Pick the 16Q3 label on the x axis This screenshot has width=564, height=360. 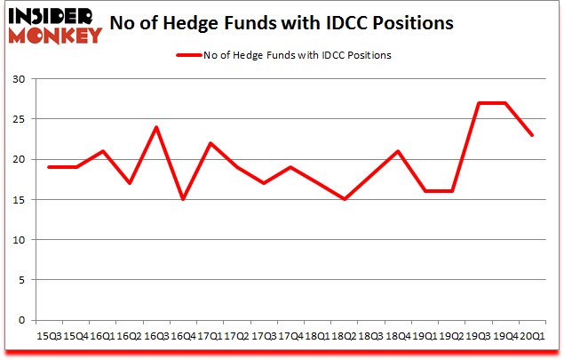point(155,336)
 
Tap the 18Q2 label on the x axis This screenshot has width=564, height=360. point(344,336)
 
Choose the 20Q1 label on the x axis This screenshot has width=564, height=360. point(532,336)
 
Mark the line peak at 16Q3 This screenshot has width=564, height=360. point(155,127)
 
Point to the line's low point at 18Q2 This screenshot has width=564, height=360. point(344,199)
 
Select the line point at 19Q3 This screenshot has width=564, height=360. point(479,103)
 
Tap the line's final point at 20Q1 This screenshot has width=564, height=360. point(532,135)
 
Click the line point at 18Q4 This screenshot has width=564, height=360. point(398,151)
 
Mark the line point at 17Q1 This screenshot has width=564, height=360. point(209,143)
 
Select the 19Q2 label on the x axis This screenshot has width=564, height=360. point(452,336)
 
